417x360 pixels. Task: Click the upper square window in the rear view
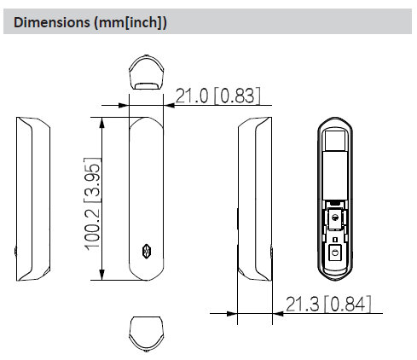336,138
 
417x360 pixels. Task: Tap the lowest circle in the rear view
336,253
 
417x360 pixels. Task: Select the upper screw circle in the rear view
336,218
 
